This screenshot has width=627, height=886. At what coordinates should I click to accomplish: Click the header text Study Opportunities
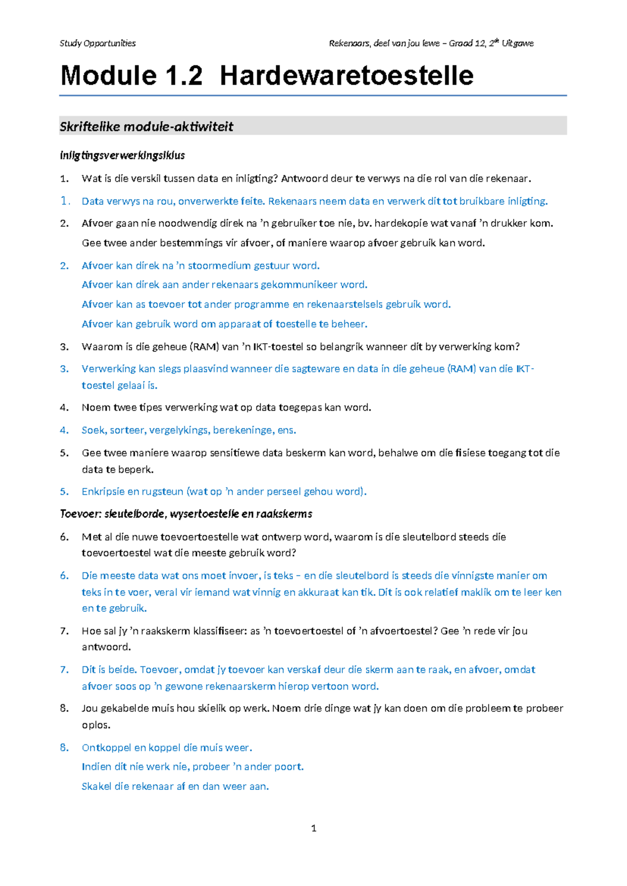click(x=98, y=43)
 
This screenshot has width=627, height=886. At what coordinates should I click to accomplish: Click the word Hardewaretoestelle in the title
click(x=346, y=75)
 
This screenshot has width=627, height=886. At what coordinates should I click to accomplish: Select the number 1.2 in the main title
click(x=183, y=75)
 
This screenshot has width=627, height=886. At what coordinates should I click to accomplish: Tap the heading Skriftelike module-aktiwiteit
click(x=146, y=126)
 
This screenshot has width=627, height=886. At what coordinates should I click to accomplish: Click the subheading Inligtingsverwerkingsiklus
click(x=122, y=155)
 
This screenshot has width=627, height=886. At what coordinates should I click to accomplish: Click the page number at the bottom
click(x=313, y=828)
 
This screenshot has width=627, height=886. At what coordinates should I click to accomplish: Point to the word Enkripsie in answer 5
click(x=103, y=492)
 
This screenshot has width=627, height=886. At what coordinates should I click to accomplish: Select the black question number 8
click(x=64, y=708)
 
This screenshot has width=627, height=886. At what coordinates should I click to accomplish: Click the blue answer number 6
click(x=64, y=576)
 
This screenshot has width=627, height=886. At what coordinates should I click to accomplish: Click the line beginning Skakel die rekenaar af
click(x=175, y=786)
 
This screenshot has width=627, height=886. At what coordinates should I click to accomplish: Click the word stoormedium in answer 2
click(x=219, y=266)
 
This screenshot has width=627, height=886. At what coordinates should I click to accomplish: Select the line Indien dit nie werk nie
click(x=192, y=767)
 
